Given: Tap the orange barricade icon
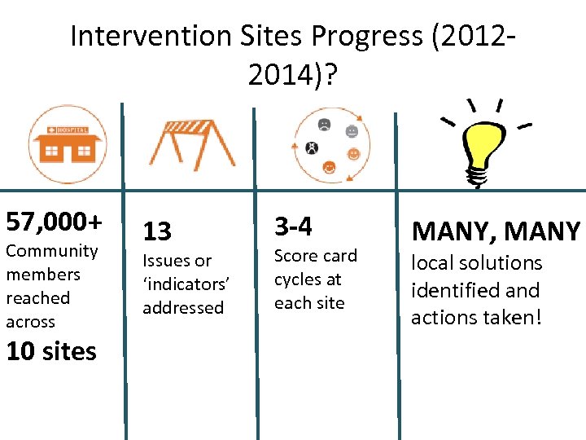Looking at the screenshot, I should coord(191,144).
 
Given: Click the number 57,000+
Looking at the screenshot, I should coord(55,221).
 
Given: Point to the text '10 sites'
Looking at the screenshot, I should coord(51,351).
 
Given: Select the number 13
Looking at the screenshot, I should coord(157,231).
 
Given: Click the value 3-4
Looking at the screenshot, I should coord(293,226).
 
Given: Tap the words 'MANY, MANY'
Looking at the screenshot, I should coord(496,231).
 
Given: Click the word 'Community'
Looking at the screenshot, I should coord(52,251).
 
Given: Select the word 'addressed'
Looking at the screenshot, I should coord(183,308).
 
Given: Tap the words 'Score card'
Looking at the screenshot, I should coord(315,256).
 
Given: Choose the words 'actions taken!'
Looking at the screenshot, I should coord(475,317).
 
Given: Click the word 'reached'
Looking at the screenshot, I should coord(37,298).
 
